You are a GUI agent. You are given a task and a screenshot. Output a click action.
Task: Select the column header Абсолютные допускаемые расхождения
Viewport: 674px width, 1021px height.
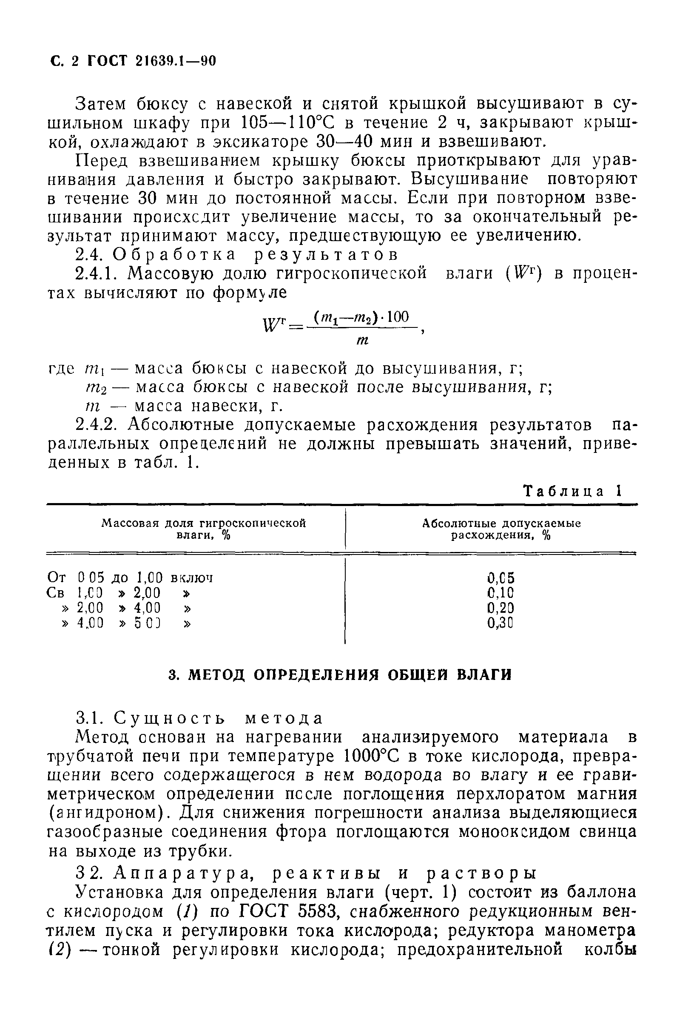(x=501, y=529)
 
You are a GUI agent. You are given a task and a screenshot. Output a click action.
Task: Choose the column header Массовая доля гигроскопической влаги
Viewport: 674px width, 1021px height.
(x=204, y=529)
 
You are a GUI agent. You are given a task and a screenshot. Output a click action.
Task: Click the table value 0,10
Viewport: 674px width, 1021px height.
(x=501, y=594)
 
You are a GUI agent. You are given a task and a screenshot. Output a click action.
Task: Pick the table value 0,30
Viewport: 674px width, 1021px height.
(x=501, y=623)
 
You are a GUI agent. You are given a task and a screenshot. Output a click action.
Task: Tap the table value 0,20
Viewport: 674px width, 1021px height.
(x=501, y=608)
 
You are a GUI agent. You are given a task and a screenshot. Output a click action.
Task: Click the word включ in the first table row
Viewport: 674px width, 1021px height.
(x=192, y=578)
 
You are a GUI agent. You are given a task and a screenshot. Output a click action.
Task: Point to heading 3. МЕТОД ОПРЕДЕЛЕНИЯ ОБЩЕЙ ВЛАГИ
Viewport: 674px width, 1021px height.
(x=340, y=675)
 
